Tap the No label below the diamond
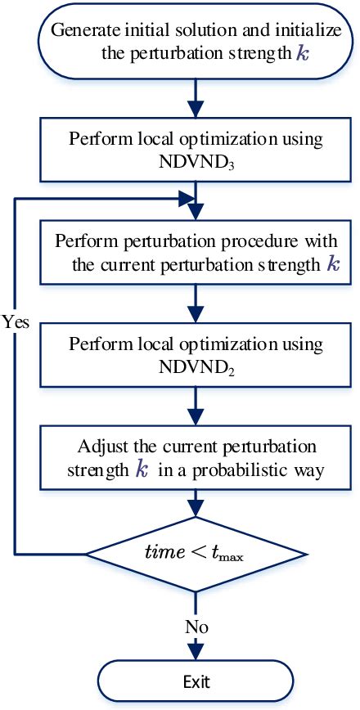click(196, 627)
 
